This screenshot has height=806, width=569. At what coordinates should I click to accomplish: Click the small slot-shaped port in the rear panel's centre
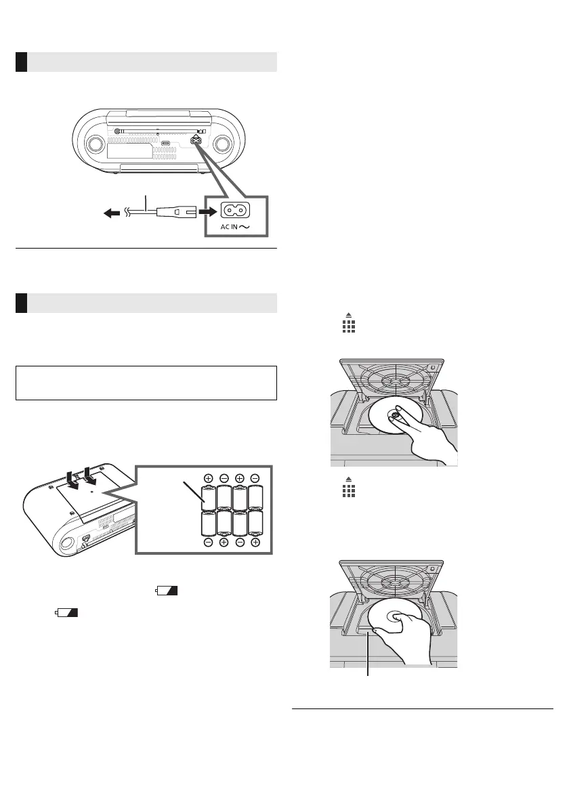[x=166, y=144]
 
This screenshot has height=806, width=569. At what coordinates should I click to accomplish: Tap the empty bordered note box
[x=146, y=383]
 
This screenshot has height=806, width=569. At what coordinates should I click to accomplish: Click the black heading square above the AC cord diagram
[x=21, y=62]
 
